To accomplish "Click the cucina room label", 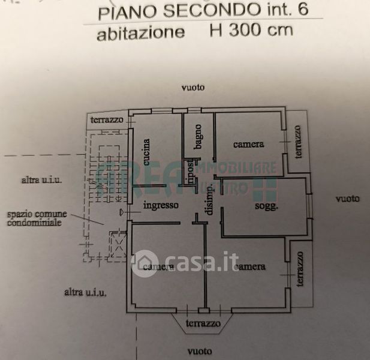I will click(x=146, y=152).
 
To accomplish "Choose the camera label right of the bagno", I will click(x=248, y=144).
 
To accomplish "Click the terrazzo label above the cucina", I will click(x=107, y=120).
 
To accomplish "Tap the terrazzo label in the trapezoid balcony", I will click(x=202, y=324).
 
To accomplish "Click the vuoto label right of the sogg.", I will click(x=347, y=199).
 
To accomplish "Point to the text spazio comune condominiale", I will click(x=34, y=218).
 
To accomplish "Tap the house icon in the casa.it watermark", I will click(x=145, y=262).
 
